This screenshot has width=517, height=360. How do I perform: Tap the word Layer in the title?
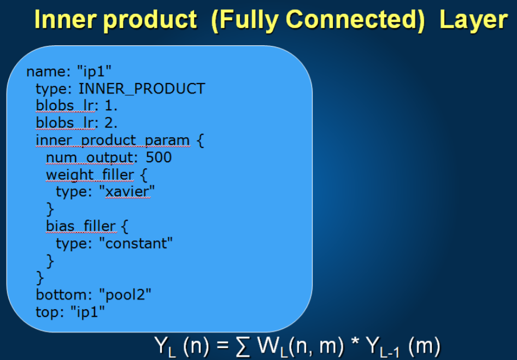tap(473, 20)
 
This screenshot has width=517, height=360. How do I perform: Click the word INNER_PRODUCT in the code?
tap(142, 89)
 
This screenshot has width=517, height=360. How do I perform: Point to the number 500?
tap(158, 157)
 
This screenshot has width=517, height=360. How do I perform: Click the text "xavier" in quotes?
tap(127, 191)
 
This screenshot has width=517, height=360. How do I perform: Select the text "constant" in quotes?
tap(136, 243)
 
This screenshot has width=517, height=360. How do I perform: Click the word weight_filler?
tap(90, 175)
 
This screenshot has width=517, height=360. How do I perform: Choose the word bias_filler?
tap(81, 226)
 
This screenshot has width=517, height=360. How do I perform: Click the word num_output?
tap(90, 157)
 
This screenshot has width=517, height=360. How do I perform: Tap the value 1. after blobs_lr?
tap(111, 106)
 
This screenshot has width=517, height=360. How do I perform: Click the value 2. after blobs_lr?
tap(111, 123)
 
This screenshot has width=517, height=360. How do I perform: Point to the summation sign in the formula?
tap(243, 346)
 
